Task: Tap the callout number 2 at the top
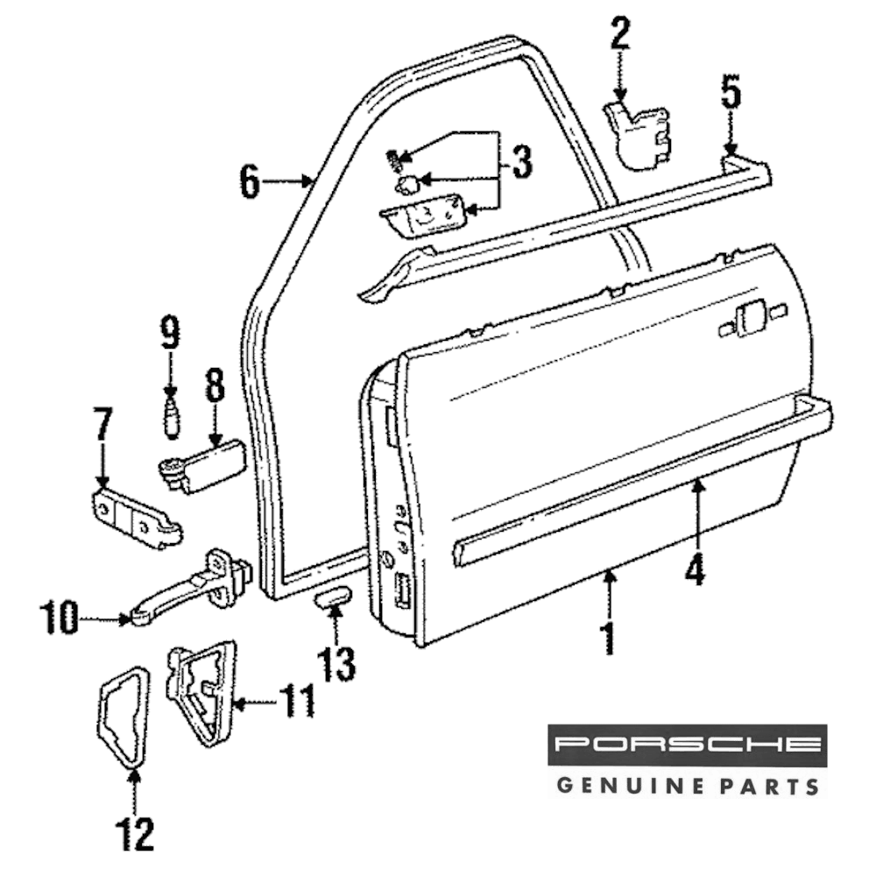619,35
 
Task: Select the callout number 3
520,162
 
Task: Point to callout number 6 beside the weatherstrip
250,182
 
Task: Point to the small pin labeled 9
171,414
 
